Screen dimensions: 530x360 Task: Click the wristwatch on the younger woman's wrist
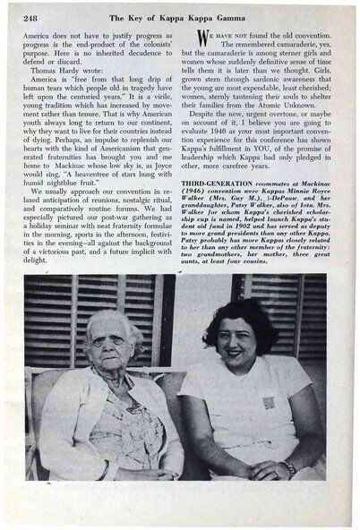pyautogui.click(x=289, y=469)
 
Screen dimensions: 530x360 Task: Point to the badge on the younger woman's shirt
pyautogui.click(x=268, y=402)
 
